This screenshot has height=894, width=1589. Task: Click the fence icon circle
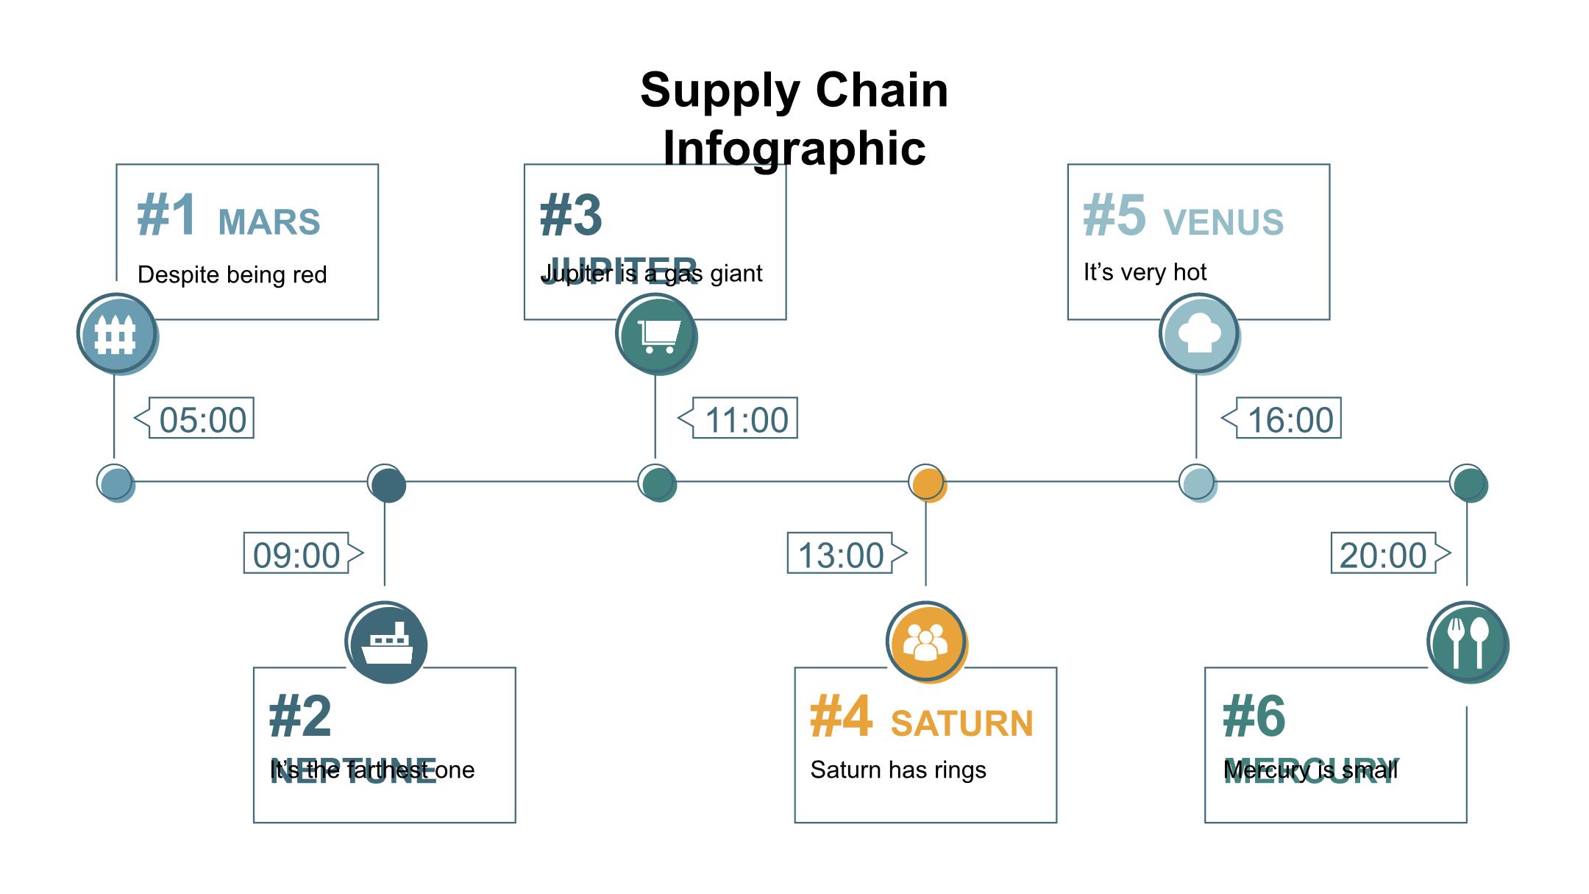pos(116,333)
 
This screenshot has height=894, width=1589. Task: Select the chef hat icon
pos(1198,333)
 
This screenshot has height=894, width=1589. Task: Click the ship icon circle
pos(385,642)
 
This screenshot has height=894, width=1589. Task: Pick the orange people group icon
pos(925,642)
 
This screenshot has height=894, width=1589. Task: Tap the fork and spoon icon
pos(1467,642)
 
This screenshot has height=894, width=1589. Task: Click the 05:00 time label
pos(202,419)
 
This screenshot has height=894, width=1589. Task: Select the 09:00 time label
pos(296,555)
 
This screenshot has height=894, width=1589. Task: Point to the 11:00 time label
pos(745,419)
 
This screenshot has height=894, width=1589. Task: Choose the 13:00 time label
pos(840,555)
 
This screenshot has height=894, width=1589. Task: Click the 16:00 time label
pos(1290,419)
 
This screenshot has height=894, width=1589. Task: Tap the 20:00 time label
pos(1383,555)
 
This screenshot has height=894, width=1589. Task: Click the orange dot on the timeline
pos(926,483)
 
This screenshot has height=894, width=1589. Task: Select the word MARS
pos(269,222)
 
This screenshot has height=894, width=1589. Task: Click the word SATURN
pos(961,723)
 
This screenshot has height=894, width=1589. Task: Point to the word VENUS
pos(1223,222)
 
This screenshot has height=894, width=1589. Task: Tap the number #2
pos(300,716)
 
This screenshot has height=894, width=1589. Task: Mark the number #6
pos(1254,716)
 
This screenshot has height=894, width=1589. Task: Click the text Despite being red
pos(232,274)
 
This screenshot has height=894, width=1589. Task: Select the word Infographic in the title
pos(794,148)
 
